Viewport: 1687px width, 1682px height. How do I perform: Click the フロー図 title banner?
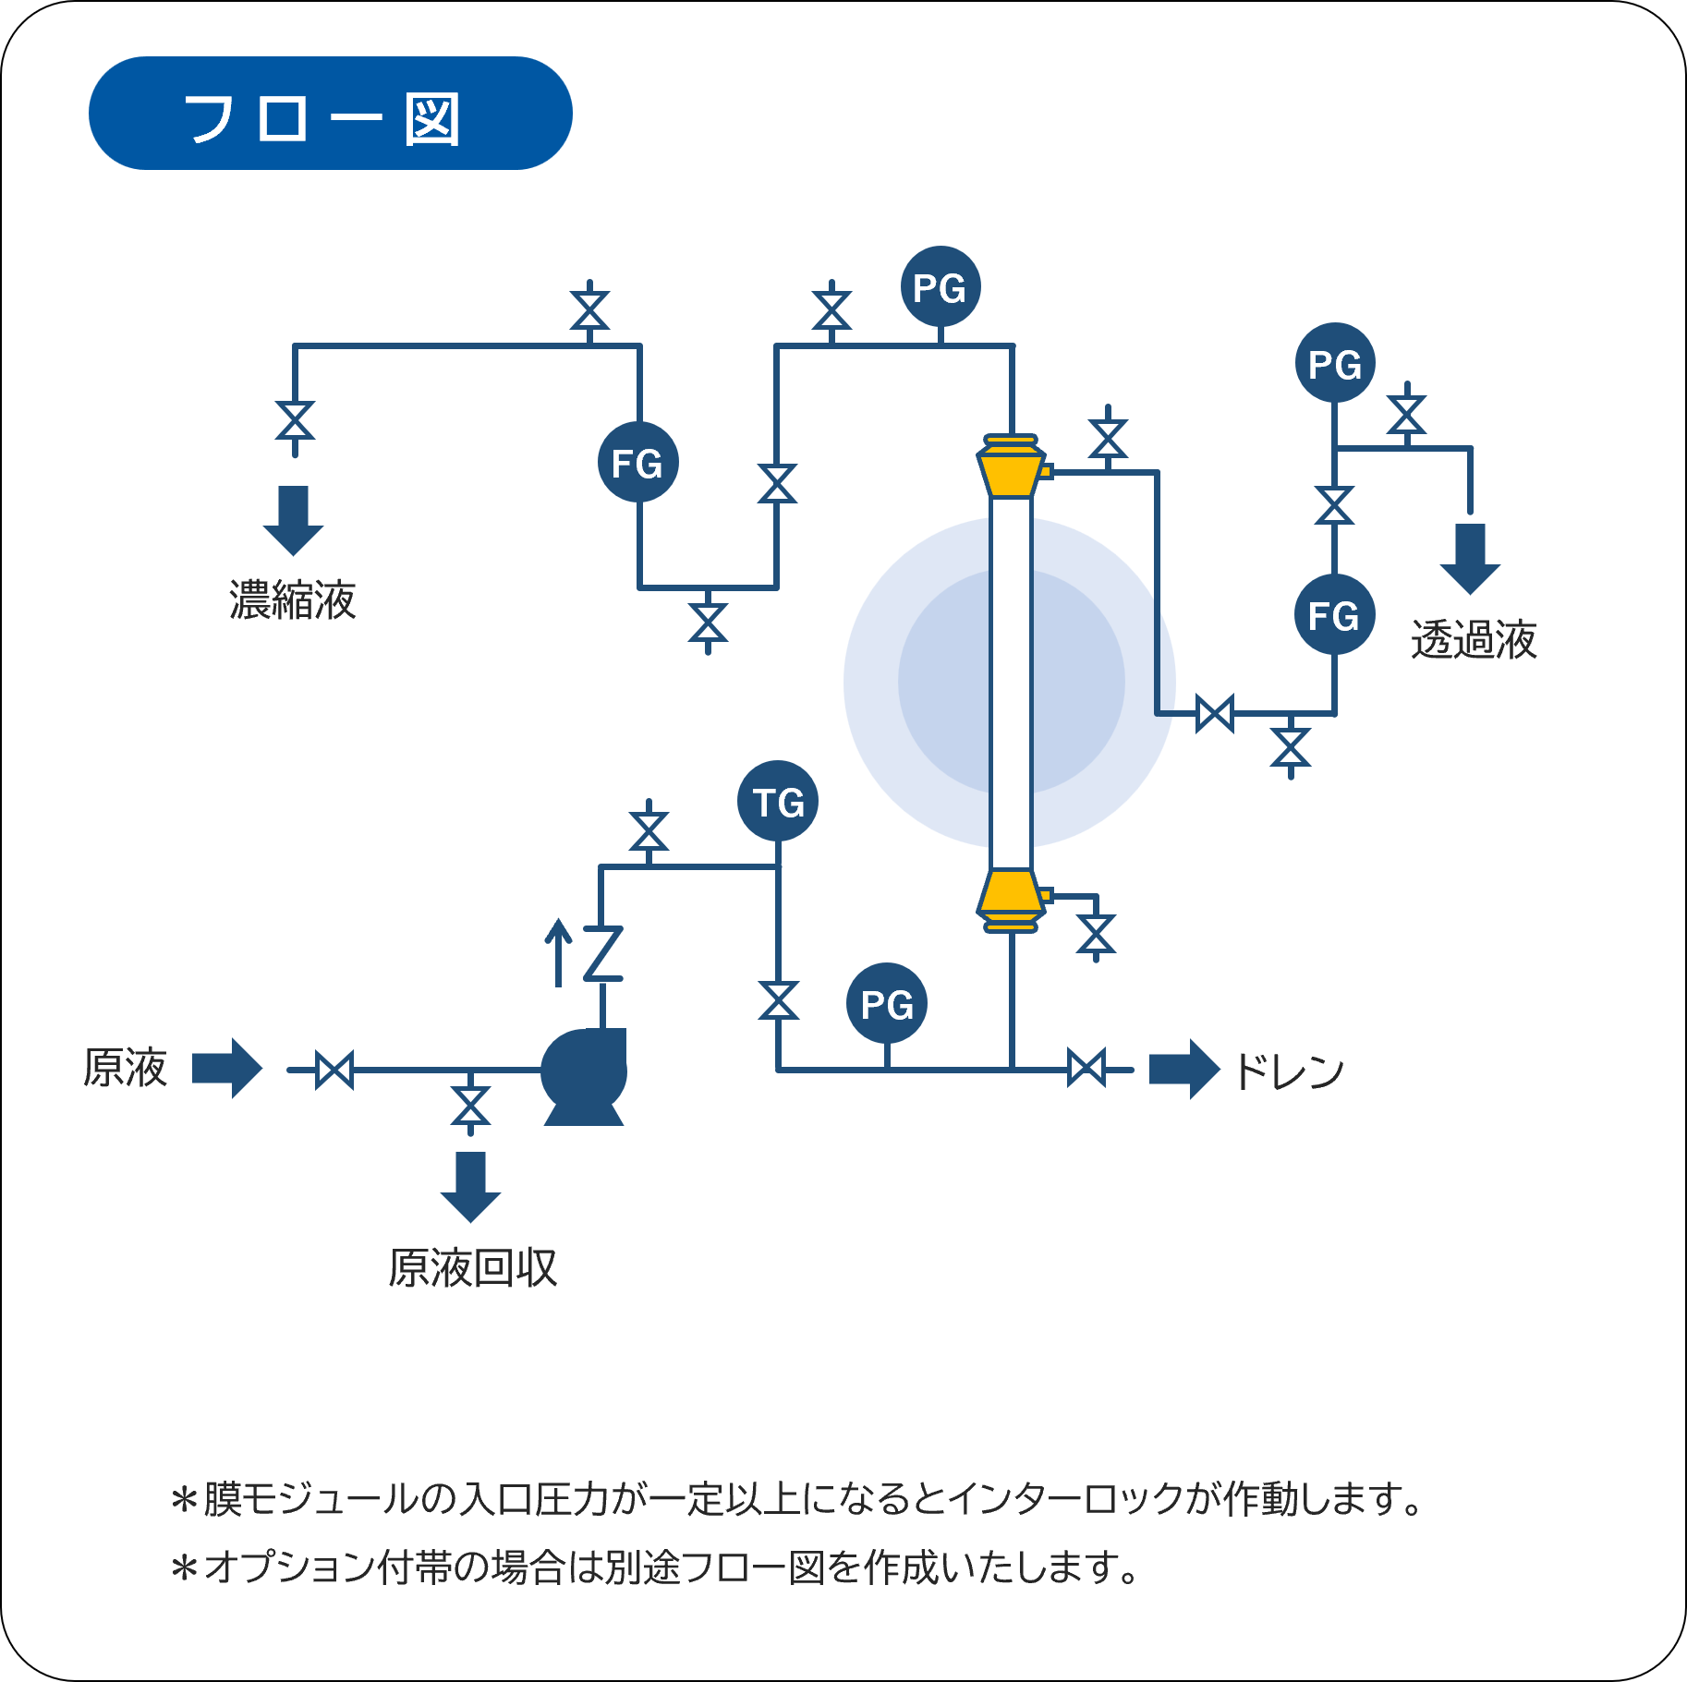point(330,114)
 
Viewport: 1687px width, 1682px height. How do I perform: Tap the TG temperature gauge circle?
point(778,801)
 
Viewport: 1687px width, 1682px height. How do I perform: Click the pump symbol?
point(584,1073)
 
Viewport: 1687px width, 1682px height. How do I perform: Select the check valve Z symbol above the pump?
point(603,953)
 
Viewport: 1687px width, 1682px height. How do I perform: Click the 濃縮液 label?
point(292,599)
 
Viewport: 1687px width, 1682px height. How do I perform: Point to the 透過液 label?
point(1474,639)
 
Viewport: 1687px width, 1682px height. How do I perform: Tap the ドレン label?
point(1290,1071)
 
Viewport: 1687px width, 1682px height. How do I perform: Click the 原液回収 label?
point(473,1267)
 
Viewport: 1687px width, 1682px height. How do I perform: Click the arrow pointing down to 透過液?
point(1470,558)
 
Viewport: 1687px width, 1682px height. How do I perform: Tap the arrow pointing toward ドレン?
point(1183,1070)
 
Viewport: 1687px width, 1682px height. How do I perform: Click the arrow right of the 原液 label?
point(227,1069)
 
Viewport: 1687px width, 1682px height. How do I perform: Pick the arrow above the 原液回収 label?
point(470,1186)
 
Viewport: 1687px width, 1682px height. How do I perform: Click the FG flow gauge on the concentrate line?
point(638,462)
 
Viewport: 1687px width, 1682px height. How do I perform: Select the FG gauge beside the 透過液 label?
point(1334,614)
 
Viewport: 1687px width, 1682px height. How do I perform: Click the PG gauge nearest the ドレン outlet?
point(887,1003)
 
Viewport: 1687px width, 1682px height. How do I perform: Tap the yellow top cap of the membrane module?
point(1012,467)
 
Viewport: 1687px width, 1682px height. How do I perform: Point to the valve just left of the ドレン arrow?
point(1086,1070)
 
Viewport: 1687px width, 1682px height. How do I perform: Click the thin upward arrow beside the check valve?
point(558,952)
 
